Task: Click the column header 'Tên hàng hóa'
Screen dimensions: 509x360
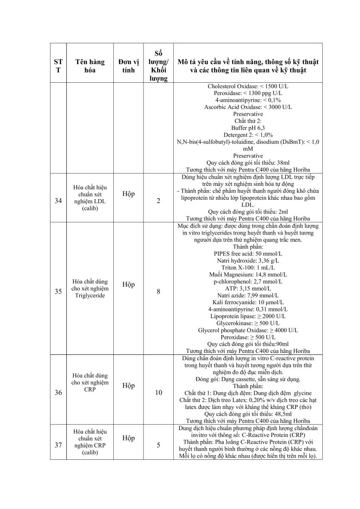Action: [90, 66]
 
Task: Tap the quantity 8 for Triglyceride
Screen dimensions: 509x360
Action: [158, 291]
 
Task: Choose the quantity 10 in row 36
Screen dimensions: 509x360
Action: [158, 392]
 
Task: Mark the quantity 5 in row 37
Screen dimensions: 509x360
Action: [158, 445]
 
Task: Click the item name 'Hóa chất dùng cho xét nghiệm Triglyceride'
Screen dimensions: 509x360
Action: [90, 288]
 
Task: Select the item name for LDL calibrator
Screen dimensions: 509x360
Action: [90, 197]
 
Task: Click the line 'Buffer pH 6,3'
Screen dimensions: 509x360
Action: [248, 128]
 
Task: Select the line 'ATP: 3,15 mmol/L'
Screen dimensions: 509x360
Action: [248, 288]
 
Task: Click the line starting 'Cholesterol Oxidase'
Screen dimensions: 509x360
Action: [248, 86]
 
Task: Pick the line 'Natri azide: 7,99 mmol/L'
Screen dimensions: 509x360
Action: [248, 295]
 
